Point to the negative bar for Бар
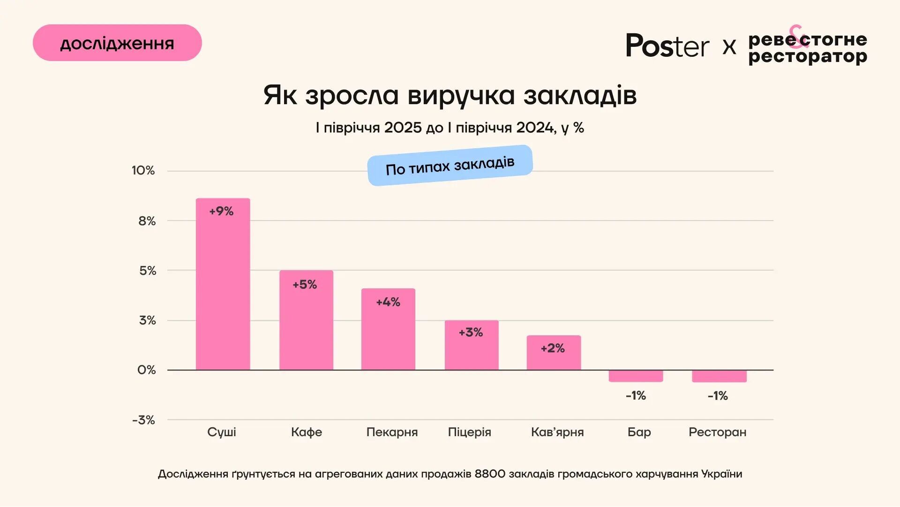click(636, 376)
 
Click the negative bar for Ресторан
click(719, 376)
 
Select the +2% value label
click(553, 348)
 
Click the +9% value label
click(221, 212)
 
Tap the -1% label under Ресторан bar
click(718, 396)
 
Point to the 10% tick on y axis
click(143, 171)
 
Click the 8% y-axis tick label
click(147, 221)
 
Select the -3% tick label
click(143, 420)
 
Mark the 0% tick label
click(146, 371)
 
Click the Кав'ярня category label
click(557, 432)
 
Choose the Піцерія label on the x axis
click(469, 432)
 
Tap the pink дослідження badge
click(117, 43)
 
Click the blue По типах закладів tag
click(450, 166)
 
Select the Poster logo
click(667, 46)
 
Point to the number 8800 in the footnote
click(490, 474)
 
